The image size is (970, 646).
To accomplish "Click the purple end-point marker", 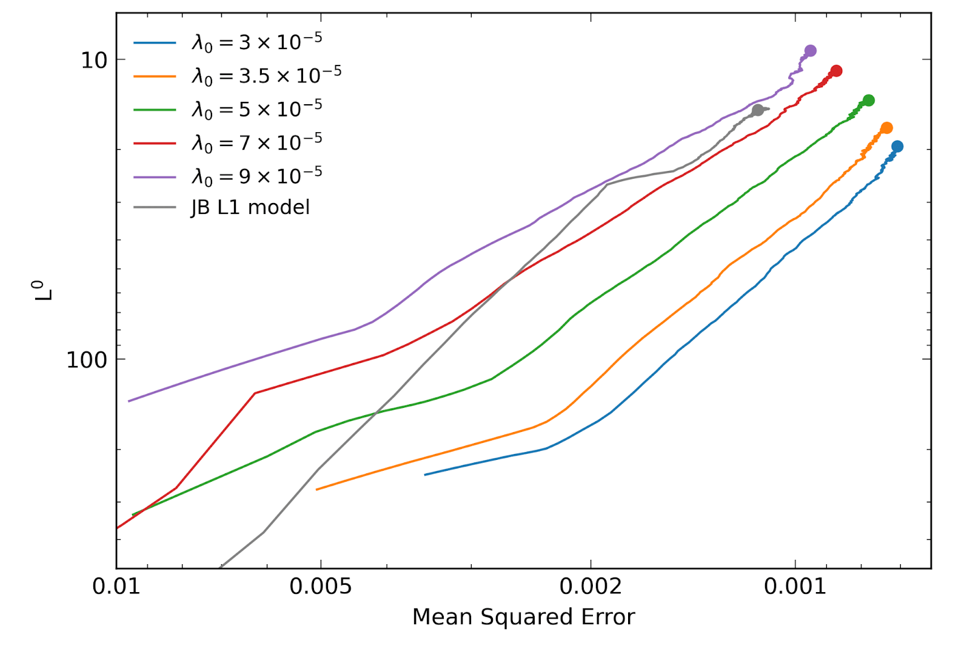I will [x=810, y=51].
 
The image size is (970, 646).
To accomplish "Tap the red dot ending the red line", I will [x=836, y=71].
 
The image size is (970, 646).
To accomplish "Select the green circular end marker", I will [x=868, y=101].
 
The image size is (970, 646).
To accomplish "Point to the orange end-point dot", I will [x=886, y=128].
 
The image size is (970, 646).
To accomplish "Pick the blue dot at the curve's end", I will [x=897, y=146].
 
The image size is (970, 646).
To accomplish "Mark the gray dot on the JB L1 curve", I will [x=757, y=110].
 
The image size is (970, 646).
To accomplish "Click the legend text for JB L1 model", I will [x=250, y=207].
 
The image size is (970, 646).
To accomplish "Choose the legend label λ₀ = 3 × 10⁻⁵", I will [x=256, y=42].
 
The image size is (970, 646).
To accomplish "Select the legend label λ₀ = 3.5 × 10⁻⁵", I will [x=266, y=76].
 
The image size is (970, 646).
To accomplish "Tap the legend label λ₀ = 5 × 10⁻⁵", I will [x=256, y=109].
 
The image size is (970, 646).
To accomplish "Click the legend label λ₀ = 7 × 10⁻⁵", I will [x=256, y=142].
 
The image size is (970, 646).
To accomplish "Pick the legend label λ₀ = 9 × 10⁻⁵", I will [x=256, y=176].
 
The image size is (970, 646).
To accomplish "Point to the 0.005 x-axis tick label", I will [x=320, y=587].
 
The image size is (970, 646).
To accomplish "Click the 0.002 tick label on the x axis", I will [x=590, y=587].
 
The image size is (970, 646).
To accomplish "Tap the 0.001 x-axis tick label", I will [x=795, y=587].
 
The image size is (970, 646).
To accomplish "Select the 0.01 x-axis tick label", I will [x=116, y=587].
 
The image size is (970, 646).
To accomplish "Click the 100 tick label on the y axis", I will [x=86, y=360].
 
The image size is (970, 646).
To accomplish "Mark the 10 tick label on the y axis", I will [x=94, y=60].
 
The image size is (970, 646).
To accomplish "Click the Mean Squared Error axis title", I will [x=523, y=617].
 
